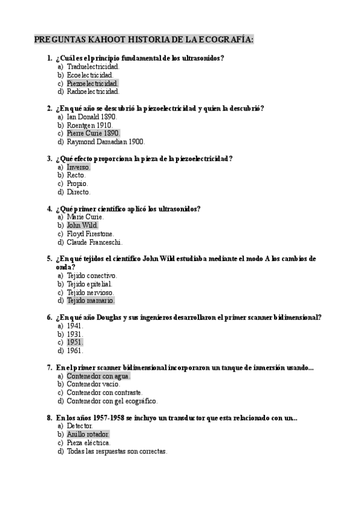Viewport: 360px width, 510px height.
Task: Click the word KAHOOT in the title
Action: click(106, 40)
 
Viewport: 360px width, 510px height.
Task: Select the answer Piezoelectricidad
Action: click(93, 83)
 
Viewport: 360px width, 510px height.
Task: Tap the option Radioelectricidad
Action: click(93, 91)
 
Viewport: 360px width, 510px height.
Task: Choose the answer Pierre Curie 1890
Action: click(94, 133)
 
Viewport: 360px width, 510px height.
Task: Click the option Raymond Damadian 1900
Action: click(106, 142)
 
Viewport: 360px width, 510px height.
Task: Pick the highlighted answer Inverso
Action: click(79, 167)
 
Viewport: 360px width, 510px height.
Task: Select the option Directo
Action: click(79, 192)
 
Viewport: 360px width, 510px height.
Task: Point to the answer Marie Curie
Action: click(85, 217)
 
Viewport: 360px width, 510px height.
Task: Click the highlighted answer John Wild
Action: click(82, 225)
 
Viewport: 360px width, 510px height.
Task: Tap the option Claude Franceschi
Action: click(95, 242)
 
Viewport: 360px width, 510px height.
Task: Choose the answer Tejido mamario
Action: click(90, 300)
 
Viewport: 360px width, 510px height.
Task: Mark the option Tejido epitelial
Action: click(90, 283)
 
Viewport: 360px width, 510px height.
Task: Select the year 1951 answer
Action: click(75, 342)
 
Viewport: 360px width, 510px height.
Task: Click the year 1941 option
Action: click(75, 325)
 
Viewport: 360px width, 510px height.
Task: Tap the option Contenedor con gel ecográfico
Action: click(112, 401)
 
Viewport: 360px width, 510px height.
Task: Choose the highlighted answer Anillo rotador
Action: click(88, 434)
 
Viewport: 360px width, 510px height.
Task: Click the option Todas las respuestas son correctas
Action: click(117, 450)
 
